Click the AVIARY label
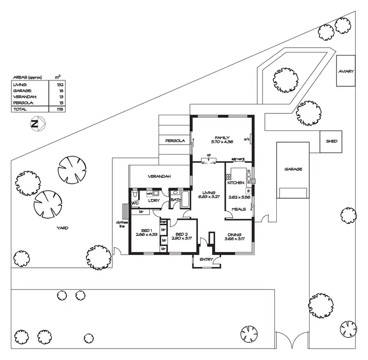pos(345,72)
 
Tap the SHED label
pos(331,141)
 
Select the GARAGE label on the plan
pos(293,169)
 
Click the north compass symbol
pos(35,124)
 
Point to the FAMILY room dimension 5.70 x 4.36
pos(222,142)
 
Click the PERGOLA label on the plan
pos(175,141)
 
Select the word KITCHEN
pos(236,183)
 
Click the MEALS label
pos(238,209)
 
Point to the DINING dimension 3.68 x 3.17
pos(234,239)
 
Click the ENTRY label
pos(206,260)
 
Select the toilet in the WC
pos(134,195)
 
